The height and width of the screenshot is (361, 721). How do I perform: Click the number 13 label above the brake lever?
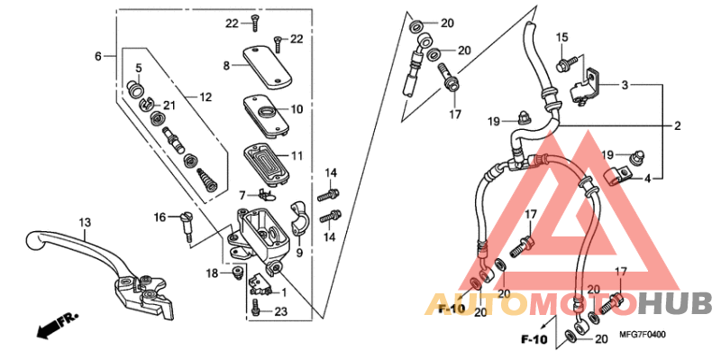85,222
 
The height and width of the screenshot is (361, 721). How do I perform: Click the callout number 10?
296,110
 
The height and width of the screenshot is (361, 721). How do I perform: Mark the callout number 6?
98,57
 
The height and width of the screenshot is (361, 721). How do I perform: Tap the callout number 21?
169,106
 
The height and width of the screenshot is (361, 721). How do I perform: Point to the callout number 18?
212,273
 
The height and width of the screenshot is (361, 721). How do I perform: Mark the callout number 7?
242,195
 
